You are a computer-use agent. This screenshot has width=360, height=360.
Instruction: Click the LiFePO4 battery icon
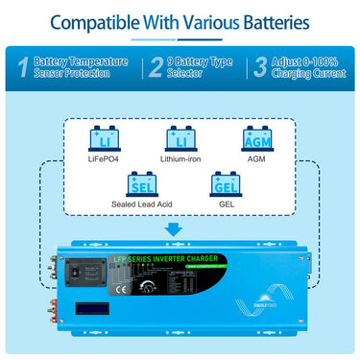103,140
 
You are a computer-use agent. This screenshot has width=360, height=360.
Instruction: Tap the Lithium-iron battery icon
180,140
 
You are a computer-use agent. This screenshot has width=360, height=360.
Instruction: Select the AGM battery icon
256,140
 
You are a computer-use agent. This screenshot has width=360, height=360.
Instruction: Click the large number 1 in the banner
22,65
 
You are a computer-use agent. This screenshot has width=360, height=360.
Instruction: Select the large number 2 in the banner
156,65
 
